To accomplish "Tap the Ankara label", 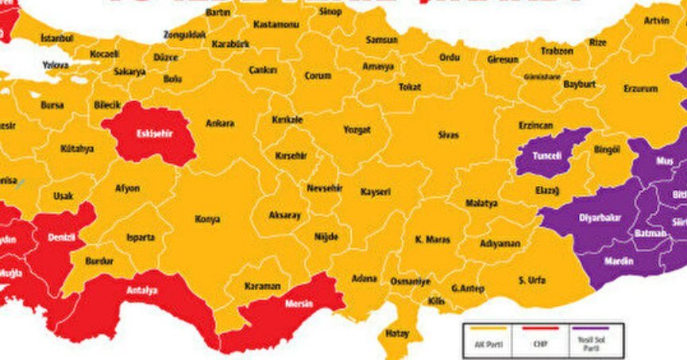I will [x=220, y=124].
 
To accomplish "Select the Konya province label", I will [x=207, y=219].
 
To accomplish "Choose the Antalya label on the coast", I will [x=141, y=290].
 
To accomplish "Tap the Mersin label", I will [x=298, y=304].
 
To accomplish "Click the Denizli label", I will [x=62, y=238].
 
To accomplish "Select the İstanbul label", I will [x=56, y=38].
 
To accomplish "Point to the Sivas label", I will [x=448, y=135].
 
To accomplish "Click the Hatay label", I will [x=396, y=334].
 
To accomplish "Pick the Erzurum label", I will [x=640, y=88].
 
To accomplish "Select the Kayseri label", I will [x=375, y=192].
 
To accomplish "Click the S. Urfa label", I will [x=531, y=281].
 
